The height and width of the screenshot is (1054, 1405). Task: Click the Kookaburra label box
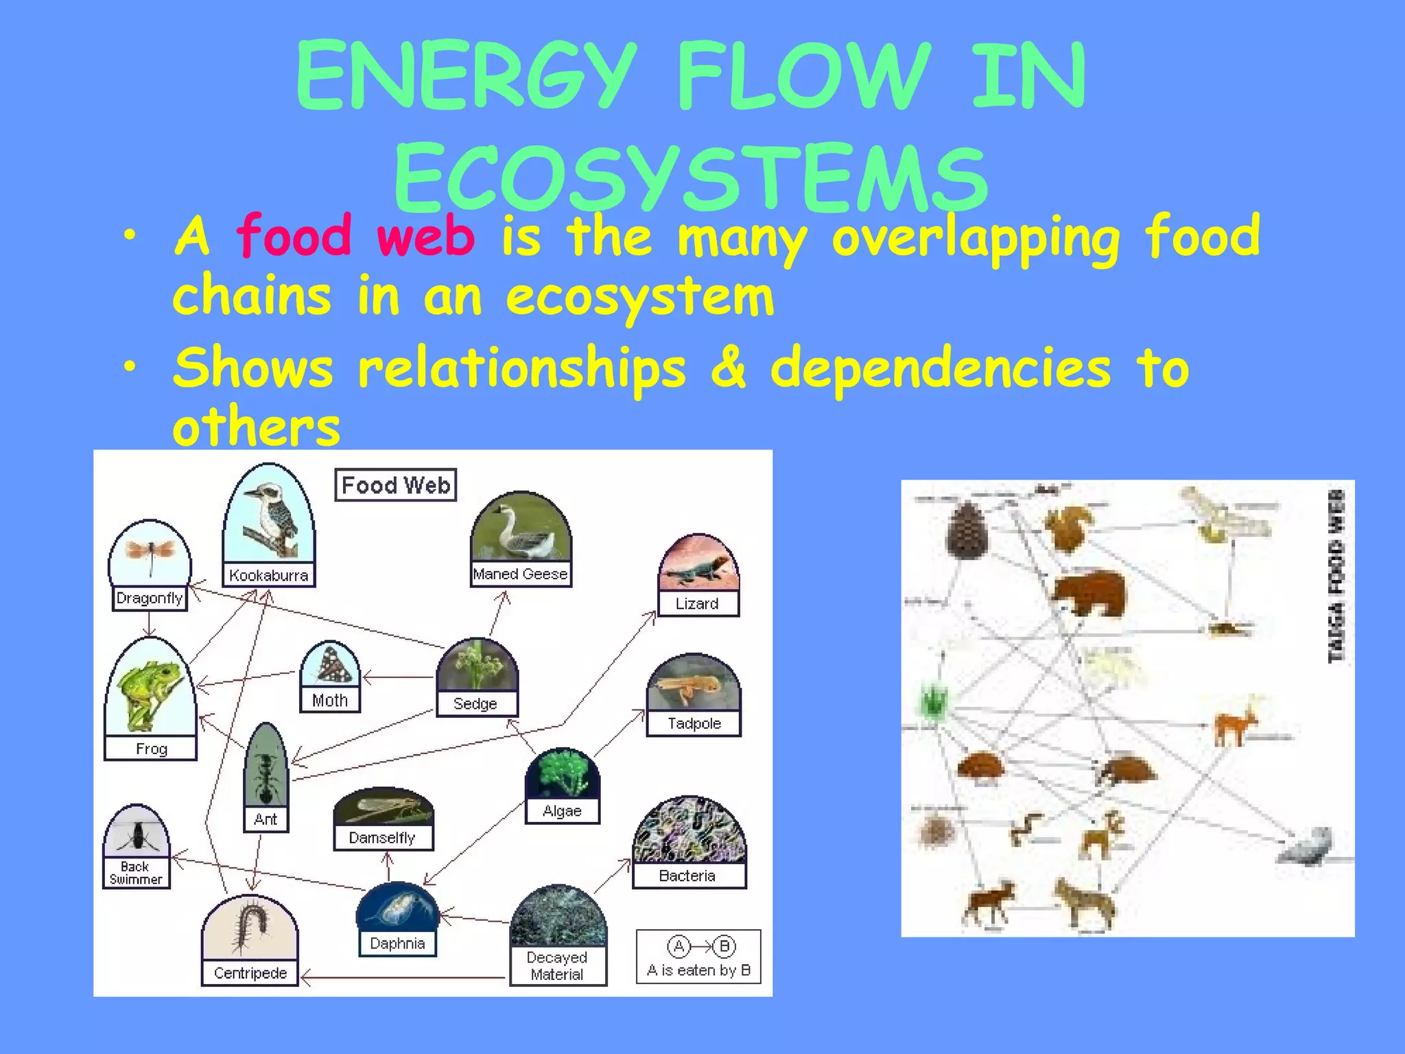point(268,575)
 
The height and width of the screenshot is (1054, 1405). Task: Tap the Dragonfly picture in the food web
point(150,553)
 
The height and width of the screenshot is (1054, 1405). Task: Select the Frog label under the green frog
point(151,749)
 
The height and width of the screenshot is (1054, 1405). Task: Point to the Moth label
point(330,701)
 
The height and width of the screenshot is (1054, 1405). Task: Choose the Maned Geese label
point(520,574)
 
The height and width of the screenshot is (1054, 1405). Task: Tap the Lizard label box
point(697,604)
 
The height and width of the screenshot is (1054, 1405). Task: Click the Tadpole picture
point(693,683)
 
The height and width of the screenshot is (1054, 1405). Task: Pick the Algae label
point(562,811)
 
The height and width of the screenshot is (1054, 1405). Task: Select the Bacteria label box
point(687,876)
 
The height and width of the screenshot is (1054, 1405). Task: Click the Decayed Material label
point(557,965)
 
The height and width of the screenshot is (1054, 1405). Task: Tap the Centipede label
point(250,973)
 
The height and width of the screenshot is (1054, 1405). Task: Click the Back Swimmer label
point(136,873)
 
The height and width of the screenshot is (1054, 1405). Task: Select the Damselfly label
point(382,838)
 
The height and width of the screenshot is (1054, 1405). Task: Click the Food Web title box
point(396,485)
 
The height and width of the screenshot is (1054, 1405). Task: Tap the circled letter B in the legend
point(724,947)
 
